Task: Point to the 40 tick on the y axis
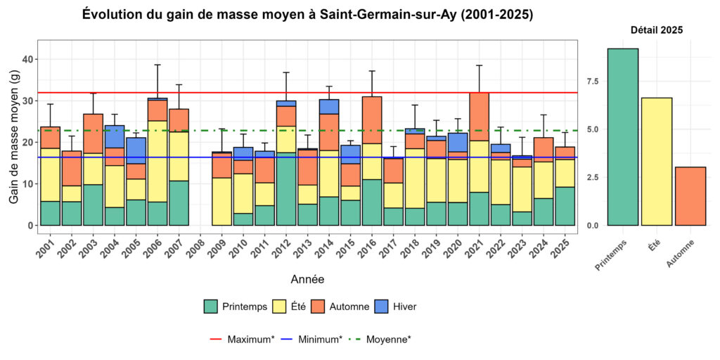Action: point(28,59)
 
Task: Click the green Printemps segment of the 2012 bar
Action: point(285,188)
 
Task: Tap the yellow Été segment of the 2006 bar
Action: point(157,161)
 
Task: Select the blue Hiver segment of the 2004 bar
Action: point(115,136)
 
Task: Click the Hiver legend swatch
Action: point(383,307)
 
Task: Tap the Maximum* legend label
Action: point(250,340)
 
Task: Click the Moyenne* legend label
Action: point(389,340)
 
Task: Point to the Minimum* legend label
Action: point(320,340)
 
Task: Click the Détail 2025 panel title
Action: point(656,30)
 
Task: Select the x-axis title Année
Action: point(307,280)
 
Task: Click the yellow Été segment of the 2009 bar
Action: point(222,201)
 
